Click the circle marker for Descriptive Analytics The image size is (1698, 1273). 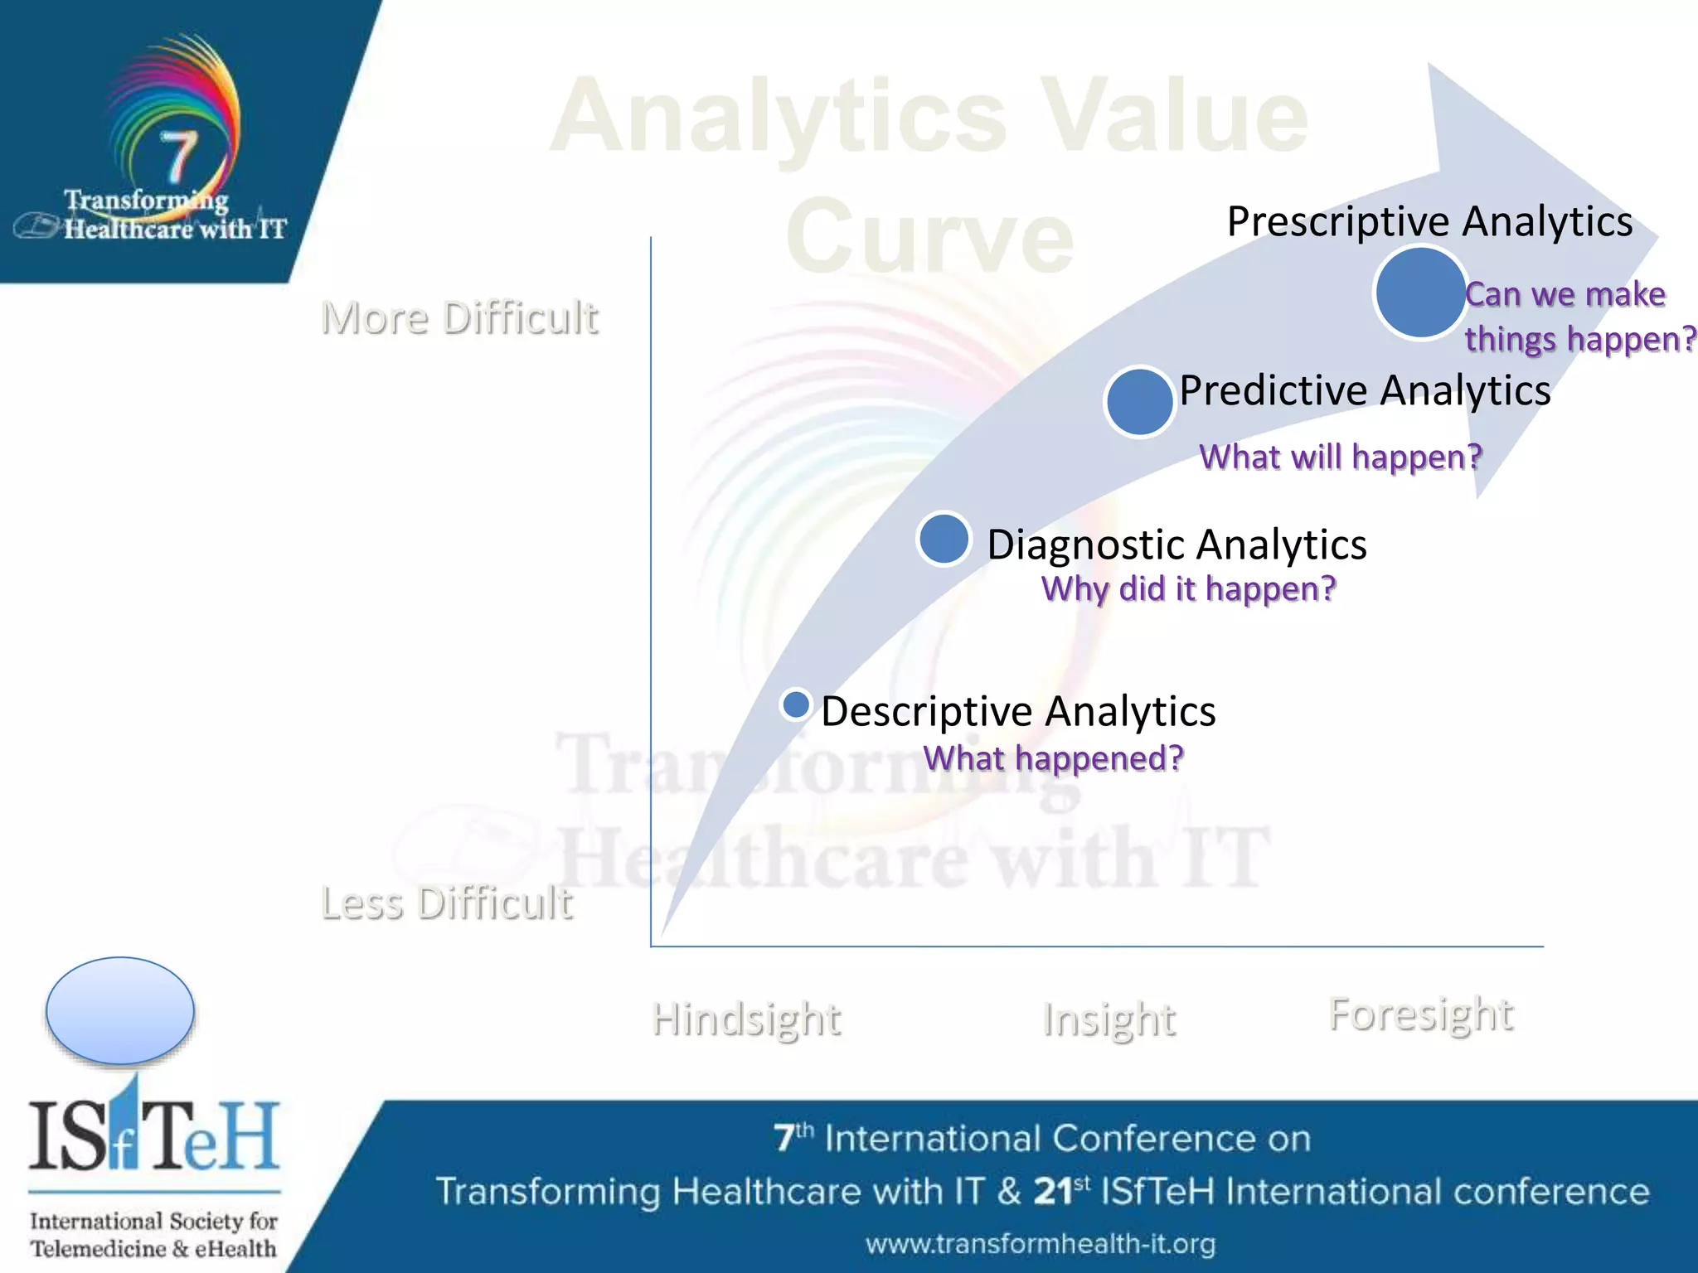click(796, 704)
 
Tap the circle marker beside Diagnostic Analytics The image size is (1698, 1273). click(944, 539)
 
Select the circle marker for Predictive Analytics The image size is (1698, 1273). click(1139, 402)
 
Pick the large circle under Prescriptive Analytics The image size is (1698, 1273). click(1420, 293)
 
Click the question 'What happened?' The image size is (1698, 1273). click(1053, 758)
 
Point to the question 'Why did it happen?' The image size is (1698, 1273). click(1188, 589)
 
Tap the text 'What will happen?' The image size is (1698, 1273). click(1340, 457)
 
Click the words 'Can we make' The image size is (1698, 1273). click(1565, 294)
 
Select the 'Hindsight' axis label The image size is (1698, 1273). click(746, 1019)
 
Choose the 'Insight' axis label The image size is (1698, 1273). click(1109, 1019)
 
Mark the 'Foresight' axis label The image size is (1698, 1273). click(1421, 1014)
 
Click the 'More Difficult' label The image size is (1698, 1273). click(459, 318)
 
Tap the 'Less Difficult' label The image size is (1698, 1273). click(446, 903)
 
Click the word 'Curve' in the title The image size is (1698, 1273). click(929, 236)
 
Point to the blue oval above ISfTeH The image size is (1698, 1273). click(120, 1010)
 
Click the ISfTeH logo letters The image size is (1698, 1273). click(154, 1135)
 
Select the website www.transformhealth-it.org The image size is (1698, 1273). click(1041, 1243)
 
